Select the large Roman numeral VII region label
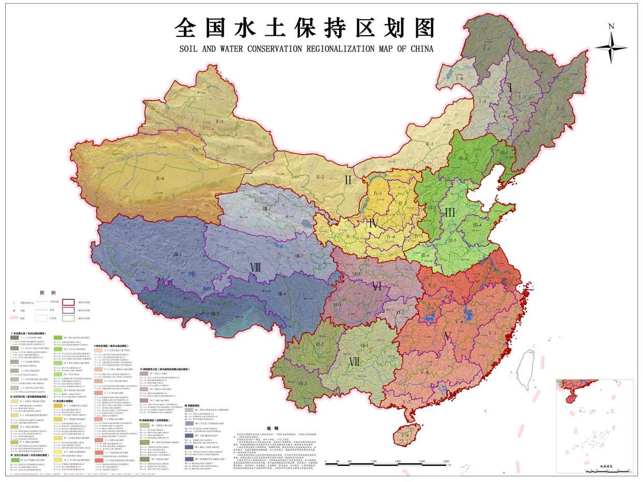pyautogui.click(x=354, y=362)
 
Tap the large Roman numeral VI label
pyautogui.click(x=377, y=285)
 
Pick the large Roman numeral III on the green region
pyautogui.click(x=449, y=212)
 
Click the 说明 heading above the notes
pyautogui.click(x=272, y=428)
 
